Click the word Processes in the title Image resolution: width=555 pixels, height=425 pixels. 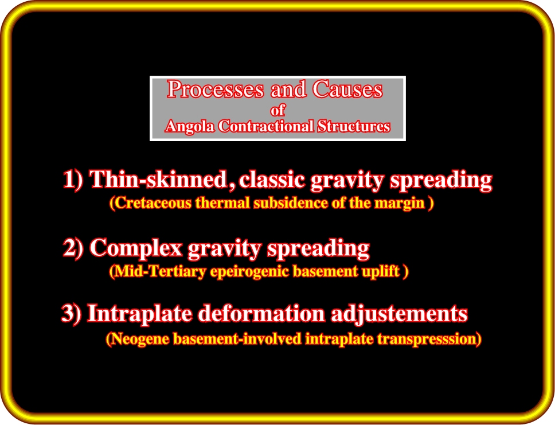click(216, 89)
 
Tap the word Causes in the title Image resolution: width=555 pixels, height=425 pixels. click(347, 89)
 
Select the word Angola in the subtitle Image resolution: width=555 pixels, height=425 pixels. click(190, 126)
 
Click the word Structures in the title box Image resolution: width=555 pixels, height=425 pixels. click(354, 126)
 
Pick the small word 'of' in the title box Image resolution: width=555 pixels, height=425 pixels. click(277, 111)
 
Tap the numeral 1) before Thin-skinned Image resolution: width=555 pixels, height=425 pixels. click(73, 179)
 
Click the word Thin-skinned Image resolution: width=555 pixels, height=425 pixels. click(158, 179)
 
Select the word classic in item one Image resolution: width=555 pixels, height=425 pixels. click(272, 179)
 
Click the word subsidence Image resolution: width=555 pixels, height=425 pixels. click(291, 203)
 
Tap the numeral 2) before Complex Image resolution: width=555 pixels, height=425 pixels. click(73, 247)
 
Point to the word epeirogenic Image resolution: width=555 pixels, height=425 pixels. click(250, 272)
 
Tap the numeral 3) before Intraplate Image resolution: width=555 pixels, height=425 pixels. click(72, 313)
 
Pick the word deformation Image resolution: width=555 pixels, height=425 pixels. click(261, 314)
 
